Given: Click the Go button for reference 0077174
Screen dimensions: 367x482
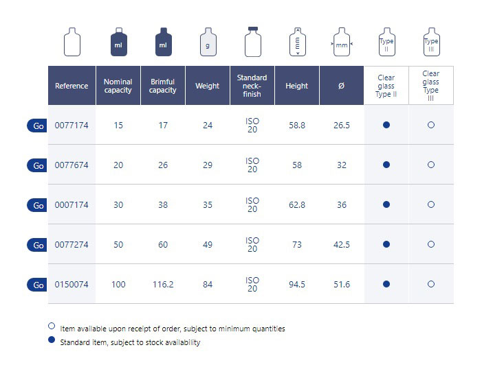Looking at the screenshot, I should click(37, 126).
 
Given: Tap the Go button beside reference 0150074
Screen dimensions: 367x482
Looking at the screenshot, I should click(37, 285).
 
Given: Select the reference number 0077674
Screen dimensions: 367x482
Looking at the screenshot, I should click(72, 165).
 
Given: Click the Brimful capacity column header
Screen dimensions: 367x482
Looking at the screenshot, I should click(163, 86).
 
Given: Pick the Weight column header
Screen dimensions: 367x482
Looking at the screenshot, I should click(207, 86).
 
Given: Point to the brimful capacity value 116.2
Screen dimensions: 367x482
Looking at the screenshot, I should click(163, 285).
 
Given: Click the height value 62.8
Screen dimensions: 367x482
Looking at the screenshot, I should click(296, 205).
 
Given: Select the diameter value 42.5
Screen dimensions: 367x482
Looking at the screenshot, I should click(341, 245).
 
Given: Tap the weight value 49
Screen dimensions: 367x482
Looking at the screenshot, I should click(207, 245).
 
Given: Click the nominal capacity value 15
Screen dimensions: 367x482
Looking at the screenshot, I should click(118, 126).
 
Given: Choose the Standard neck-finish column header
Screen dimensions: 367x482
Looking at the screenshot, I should click(252, 86).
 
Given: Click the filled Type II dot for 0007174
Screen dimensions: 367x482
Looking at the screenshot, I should click(386, 205).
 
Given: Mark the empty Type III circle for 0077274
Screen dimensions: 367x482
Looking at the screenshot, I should click(431, 245).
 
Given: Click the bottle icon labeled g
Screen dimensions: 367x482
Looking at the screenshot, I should click(207, 43).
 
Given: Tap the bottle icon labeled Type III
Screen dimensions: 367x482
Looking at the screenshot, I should click(431, 43).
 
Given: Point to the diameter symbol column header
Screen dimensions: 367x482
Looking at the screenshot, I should click(341, 86).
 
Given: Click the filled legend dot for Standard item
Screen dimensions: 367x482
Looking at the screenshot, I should click(52, 341).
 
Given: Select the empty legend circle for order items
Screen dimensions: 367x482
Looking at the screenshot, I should click(52, 327).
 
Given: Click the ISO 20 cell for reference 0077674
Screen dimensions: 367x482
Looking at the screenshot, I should click(252, 165).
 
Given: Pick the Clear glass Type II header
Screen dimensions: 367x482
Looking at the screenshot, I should click(386, 86).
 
